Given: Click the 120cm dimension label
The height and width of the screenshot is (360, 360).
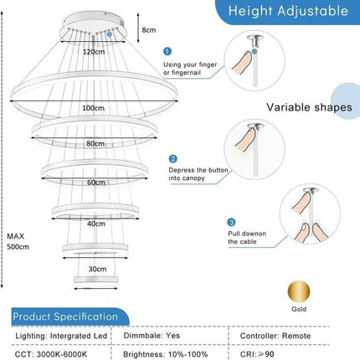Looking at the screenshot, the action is pyautogui.click(x=94, y=52).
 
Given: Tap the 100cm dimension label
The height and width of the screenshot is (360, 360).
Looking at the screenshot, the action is pyautogui.click(x=94, y=108).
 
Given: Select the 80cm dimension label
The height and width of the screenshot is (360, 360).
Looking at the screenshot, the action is pyautogui.click(x=95, y=143).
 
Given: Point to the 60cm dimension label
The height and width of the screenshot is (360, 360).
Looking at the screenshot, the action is pyautogui.click(x=96, y=183).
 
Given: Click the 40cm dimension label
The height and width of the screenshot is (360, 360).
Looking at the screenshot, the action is pyautogui.click(x=96, y=224).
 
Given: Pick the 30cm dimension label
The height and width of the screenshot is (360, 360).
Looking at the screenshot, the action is pyautogui.click(x=97, y=269).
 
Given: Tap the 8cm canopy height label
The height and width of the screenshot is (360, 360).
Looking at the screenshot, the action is pyautogui.click(x=149, y=30).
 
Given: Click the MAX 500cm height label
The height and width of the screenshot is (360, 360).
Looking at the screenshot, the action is pyautogui.click(x=18, y=241).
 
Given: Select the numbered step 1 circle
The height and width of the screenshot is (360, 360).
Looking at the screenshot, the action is pyautogui.click(x=167, y=51).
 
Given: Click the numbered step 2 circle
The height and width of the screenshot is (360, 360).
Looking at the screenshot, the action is pyautogui.click(x=173, y=159).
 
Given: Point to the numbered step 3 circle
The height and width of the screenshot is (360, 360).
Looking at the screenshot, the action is pyautogui.click(x=232, y=223).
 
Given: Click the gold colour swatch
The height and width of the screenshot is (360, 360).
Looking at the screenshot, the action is pyautogui.click(x=299, y=292).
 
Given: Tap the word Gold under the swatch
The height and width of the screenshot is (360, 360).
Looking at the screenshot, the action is pyautogui.click(x=299, y=309).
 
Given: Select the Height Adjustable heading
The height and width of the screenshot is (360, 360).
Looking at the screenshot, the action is pyautogui.click(x=288, y=11).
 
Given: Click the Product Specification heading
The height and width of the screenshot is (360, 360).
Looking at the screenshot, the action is pyautogui.click(x=65, y=316).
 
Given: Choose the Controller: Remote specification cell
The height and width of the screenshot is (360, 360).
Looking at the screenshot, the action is pyautogui.click(x=275, y=336).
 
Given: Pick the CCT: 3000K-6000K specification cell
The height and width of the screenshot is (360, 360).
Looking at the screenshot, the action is pyautogui.click(x=51, y=354).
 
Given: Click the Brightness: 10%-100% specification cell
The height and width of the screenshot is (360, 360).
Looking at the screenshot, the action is pyautogui.click(x=166, y=354).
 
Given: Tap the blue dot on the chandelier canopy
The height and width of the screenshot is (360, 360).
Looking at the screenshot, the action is pyautogui.click(x=110, y=34).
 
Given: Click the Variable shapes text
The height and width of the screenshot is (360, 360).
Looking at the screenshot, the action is pyautogui.click(x=309, y=107).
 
